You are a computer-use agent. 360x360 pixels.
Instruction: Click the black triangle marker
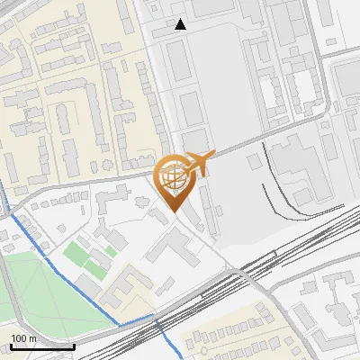181,24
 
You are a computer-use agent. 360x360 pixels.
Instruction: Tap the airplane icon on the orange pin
200,163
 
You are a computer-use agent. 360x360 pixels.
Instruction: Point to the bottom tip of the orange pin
174,212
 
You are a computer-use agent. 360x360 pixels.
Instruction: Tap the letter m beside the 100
33,339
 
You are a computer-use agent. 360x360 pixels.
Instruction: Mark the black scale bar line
41,346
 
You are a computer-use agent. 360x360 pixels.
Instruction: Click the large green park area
36,288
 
